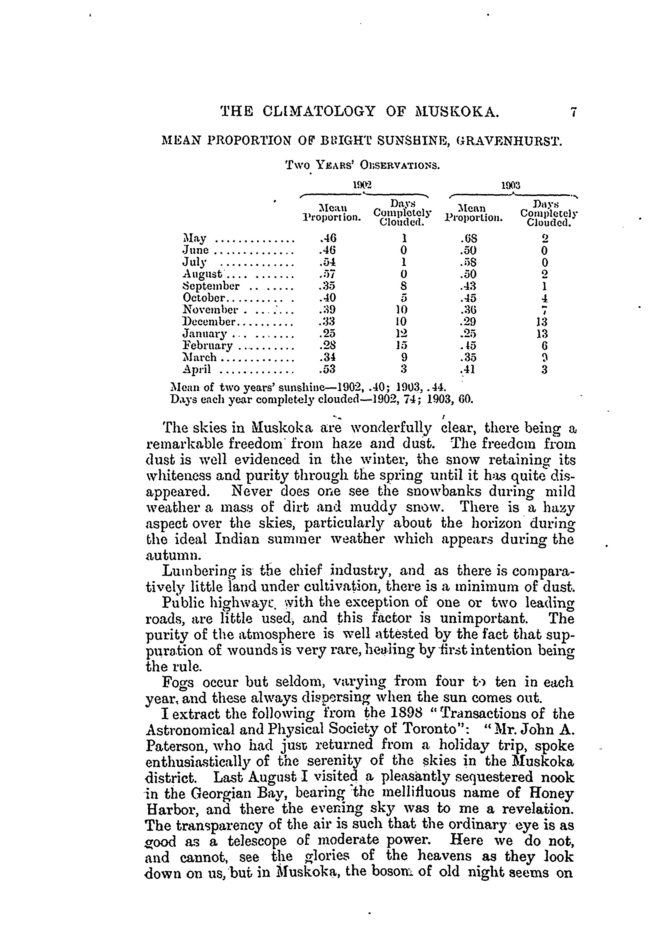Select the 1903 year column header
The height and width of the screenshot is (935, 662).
pyautogui.click(x=511, y=185)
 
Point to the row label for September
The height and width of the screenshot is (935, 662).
pyautogui.click(x=211, y=286)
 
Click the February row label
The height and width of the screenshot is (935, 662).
pyautogui.click(x=207, y=346)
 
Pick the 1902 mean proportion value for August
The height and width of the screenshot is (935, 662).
pyautogui.click(x=328, y=274)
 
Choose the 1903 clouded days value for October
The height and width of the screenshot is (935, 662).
pyautogui.click(x=545, y=298)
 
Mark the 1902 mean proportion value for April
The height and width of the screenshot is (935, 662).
pyautogui.click(x=328, y=370)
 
